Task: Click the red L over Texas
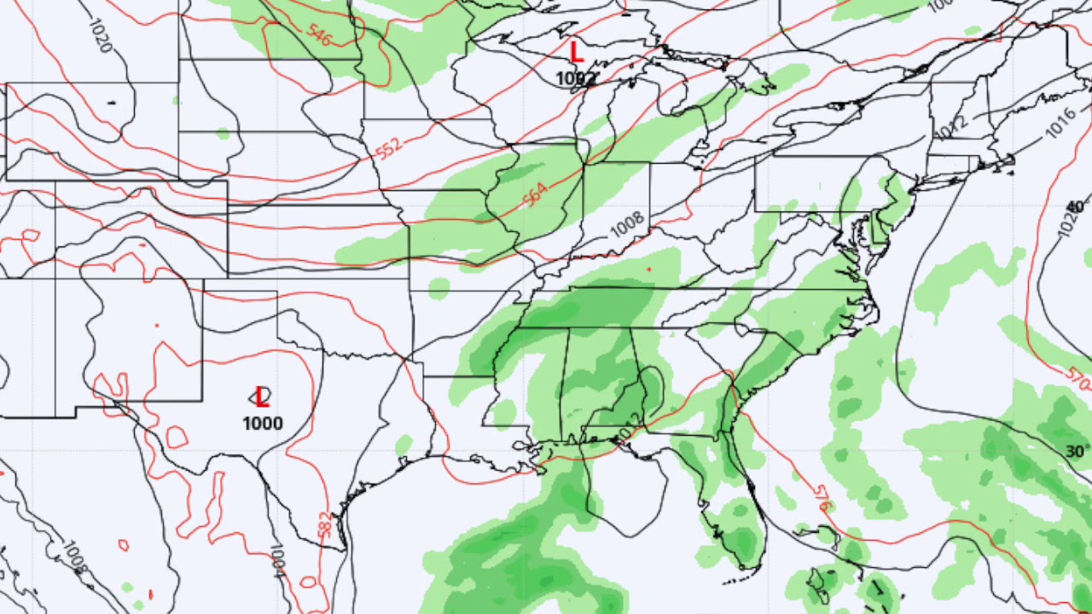coord(262,397)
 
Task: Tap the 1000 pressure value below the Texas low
coord(262,424)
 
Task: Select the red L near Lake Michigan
coord(577,53)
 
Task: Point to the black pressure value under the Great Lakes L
coord(575,78)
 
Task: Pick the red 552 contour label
coord(388,148)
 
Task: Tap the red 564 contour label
coord(534,195)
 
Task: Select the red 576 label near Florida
coord(822,498)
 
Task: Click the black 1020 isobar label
coord(99,34)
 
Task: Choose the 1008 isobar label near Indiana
coord(627,224)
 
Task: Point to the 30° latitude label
coord(1077,452)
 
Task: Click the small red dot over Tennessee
coord(649,269)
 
